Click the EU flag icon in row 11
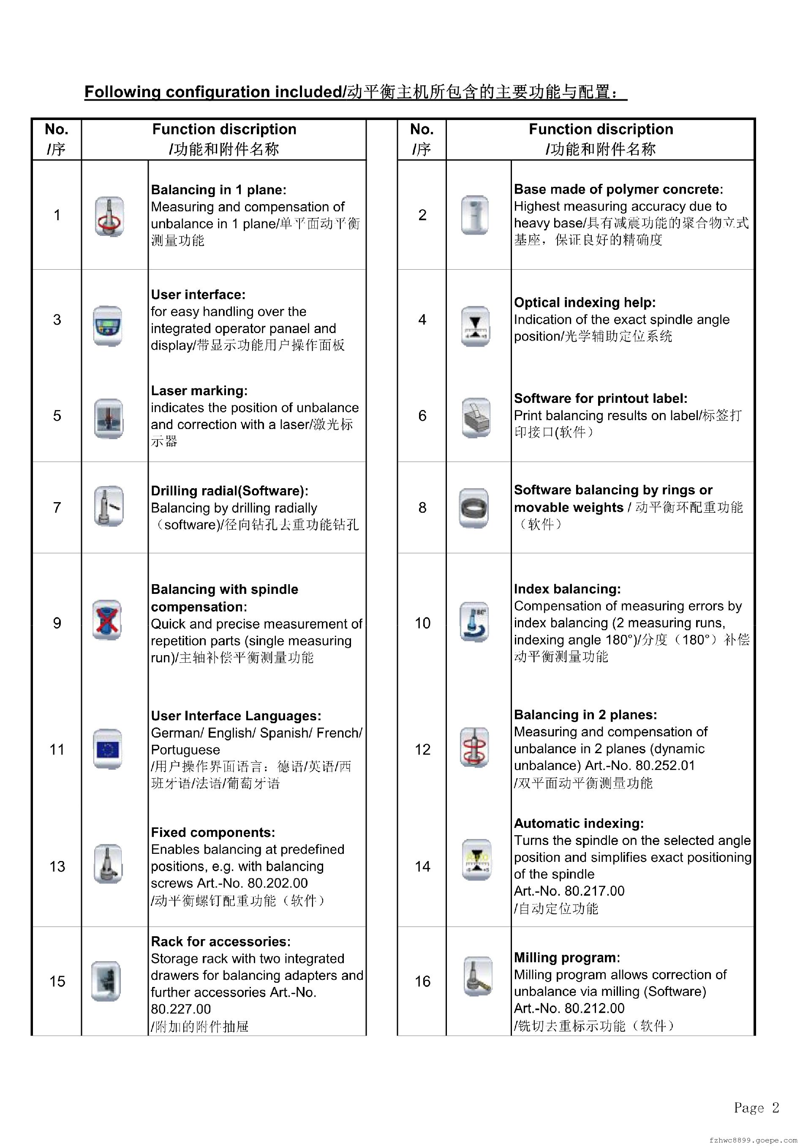(107, 749)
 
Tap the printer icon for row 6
(475, 418)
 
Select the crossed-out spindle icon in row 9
(107, 620)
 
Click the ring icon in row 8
(473, 508)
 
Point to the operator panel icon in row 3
(107, 326)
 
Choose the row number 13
(57, 866)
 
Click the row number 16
(422, 981)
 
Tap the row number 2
(422, 215)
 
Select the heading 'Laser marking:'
(199, 391)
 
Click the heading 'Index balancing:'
(567, 589)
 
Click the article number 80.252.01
(664, 765)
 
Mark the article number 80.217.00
(593, 891)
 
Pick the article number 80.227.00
(181, 1009)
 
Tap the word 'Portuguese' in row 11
(185, 749)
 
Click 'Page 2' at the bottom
(756, 1107)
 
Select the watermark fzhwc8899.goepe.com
(753, 1140)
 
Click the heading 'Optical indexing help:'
(585, 303)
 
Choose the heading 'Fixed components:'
(213, 833)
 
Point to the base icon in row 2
(474, 215)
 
